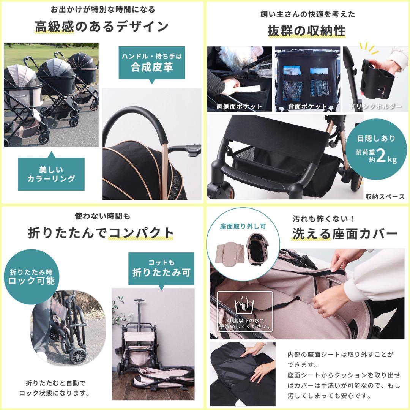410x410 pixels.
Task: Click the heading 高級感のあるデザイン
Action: (x=102, y=27)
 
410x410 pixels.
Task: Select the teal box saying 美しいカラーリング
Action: (x=51, y=174)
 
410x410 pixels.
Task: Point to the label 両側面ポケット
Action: (x=239, y=106)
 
